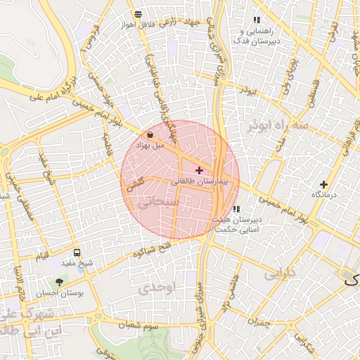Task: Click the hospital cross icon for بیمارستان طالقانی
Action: (x=199, y=170)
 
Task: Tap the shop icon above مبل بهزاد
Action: (x=150, y=134)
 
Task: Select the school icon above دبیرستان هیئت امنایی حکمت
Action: (x=236, y=209)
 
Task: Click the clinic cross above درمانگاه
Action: (x=323, y=184)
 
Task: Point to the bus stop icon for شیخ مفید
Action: (x=77, y=252)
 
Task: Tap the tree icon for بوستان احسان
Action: (x=58, y=282)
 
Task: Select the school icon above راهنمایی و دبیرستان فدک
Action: (x=256, y=20)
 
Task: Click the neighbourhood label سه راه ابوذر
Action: (x=278, y=125)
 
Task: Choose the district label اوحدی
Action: (x=155, y=287)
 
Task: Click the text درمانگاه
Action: (x=325, y=195)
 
